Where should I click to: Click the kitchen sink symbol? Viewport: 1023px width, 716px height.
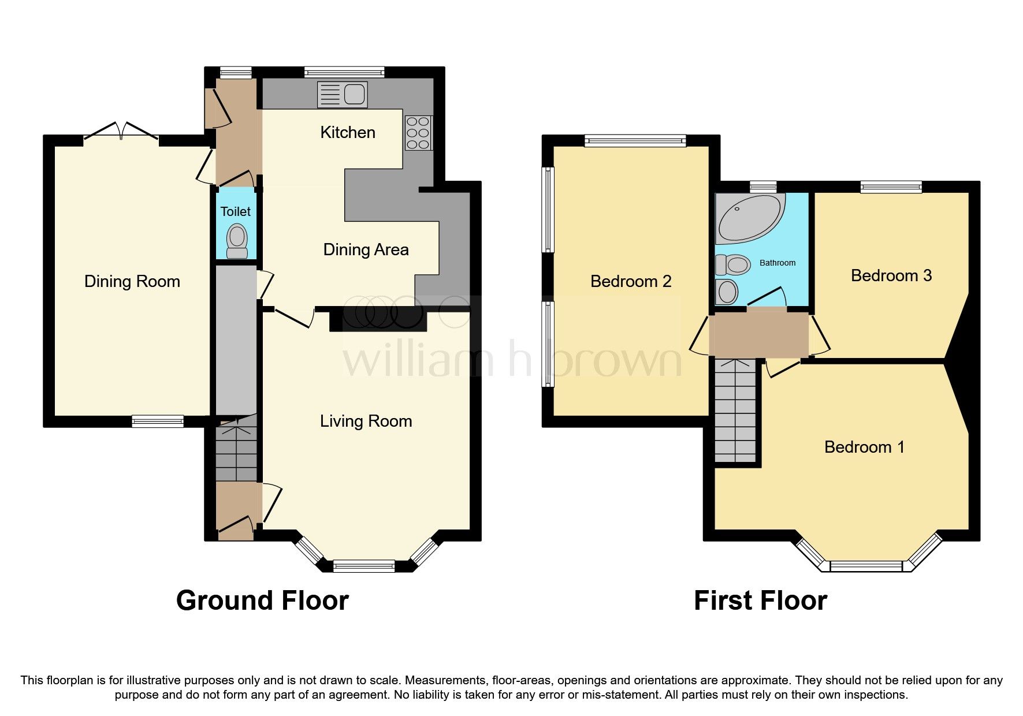pyautogui.click(x=342, y=95)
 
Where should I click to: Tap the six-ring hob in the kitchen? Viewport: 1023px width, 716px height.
pyautogui.click(x=418, y=133)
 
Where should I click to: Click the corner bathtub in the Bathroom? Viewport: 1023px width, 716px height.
pyautogui.click(x=748, y=219)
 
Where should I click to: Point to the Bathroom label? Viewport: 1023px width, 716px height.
pyautogui.click(x=777, y=263)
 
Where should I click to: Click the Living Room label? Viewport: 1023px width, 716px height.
pyautogui.click(x=366, y=421)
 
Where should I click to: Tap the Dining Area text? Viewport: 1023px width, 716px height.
pyautogui.click(x=366, y=249)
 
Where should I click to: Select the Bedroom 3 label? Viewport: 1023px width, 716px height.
pyautogui.click(x=891, y=275)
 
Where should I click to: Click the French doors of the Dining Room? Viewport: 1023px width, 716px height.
pyautogui.click(x=121, y=132)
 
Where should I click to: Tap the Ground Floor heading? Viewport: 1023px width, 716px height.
pyautogui.click(x=262, y=601)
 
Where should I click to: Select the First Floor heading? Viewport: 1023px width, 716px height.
pyautogui.click(x=760, y=601)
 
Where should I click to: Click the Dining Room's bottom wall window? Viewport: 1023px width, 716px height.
pyautogui.click(x=157, y=422)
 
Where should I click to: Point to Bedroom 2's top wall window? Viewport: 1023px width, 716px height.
pyautogui.click(x=635, y=140)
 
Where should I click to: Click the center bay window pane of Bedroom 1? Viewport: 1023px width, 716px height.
pyautogui.click(x=866, y=566)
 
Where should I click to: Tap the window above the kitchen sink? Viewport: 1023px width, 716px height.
pyautogui.click(x=344, y=72)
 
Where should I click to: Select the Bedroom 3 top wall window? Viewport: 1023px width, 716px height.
pyautogui.click(x=891, y=187)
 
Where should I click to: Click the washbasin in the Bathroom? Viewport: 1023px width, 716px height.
pyautogui.click(x=727, y=292)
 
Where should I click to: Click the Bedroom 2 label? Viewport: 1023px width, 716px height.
pyautogui.click(x=630, y=281)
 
